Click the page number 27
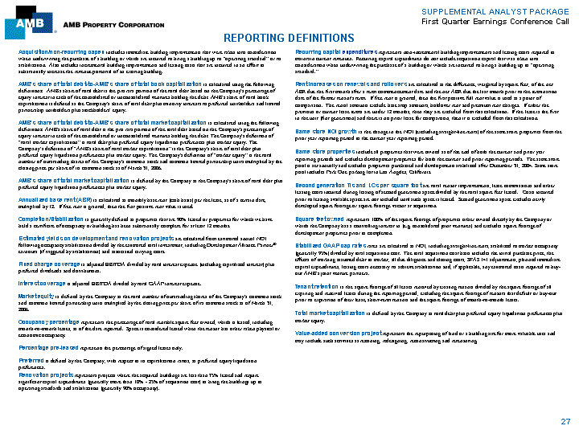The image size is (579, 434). pyautogui.click(x=565, y=421)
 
